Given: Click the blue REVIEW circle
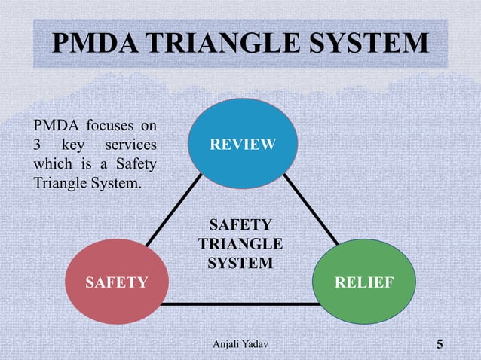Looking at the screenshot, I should click(243, 144).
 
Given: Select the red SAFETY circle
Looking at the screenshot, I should click(116, 282).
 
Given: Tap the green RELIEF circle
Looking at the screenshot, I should click(363, 282).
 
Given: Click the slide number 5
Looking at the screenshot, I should click(440, 345).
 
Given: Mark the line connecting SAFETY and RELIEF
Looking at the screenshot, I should click(240, 304).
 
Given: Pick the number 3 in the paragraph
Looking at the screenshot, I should click(38, 144).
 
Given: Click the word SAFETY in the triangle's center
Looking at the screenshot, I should click(240, 225).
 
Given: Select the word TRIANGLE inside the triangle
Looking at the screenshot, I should click(240, 244).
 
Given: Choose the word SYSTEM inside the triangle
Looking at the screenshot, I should click(240, 263).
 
